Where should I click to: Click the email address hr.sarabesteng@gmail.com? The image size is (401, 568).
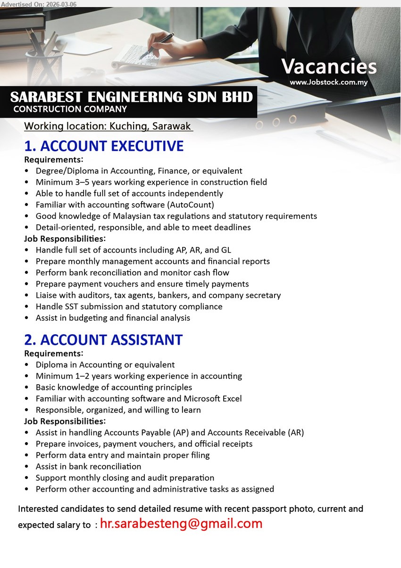click(x=181, y=523)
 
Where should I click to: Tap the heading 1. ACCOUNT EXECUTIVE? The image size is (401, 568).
click(x=104, y=146)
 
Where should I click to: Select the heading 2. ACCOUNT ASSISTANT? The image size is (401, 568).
click(x=103, y=340)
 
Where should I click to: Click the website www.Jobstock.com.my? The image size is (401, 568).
click(x=328, y=82)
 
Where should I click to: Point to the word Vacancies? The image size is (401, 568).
click(x=329, y=66)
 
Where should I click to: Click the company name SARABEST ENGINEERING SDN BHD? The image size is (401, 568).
click(x=131, y=97)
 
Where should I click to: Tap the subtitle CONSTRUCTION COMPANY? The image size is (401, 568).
click(x=70, y=109)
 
